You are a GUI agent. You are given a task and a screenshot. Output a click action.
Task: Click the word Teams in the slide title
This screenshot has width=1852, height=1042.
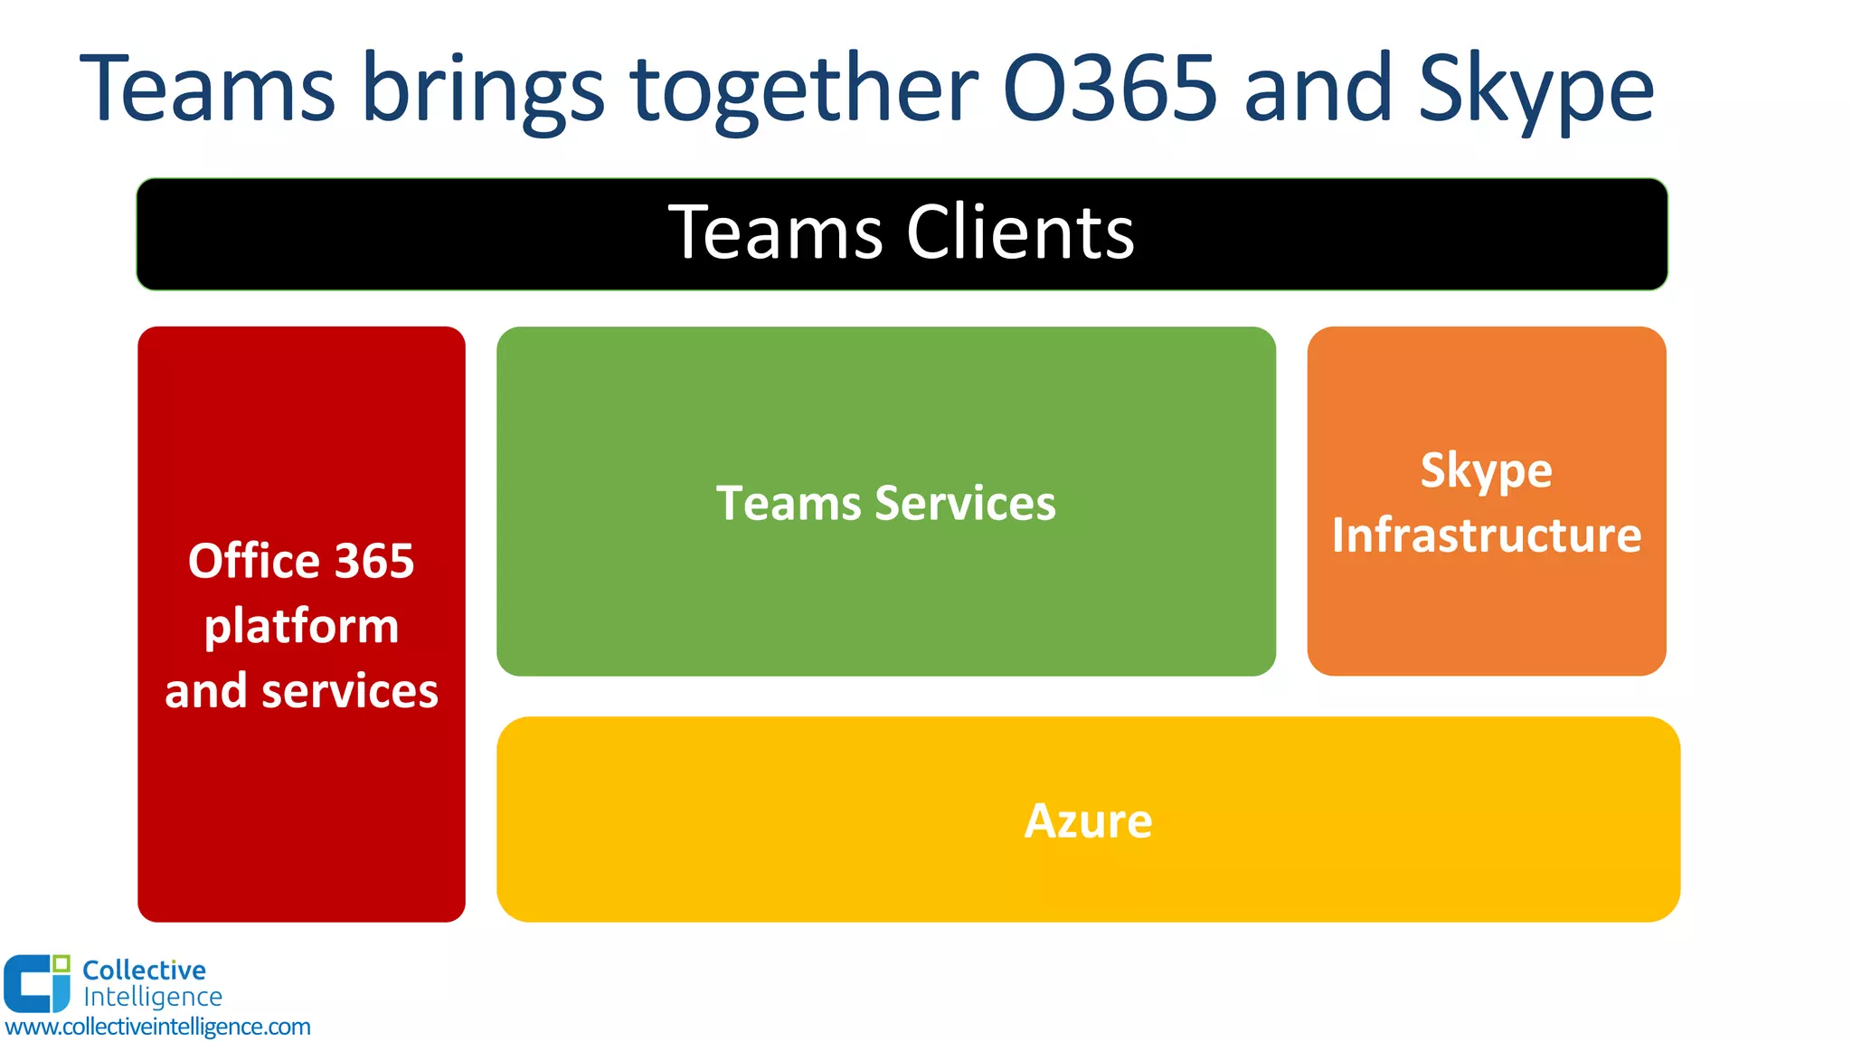(x=208, y=89)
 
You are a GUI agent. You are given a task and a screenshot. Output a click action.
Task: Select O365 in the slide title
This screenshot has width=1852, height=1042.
(x=1110, y=89)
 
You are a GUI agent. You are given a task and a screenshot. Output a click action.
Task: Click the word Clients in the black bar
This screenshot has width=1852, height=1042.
(x=1019, y=232)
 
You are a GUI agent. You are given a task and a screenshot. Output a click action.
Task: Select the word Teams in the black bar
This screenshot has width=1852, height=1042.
(x=775, y=232)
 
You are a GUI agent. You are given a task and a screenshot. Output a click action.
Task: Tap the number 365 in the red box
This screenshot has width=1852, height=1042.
(x=374, y=561)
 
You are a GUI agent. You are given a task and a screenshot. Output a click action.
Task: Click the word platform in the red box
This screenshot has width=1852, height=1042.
(x=301, y=626)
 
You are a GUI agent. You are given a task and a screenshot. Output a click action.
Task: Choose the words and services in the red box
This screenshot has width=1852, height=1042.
(x=301, y=691)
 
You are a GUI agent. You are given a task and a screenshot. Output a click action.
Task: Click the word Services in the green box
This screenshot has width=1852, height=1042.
(x=965, y=503)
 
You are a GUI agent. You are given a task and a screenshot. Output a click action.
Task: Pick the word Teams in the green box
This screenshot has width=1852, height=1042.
(x=789, y=503)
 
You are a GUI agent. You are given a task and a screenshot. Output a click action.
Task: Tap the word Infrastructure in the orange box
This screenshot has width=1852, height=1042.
(x=1486, y=535)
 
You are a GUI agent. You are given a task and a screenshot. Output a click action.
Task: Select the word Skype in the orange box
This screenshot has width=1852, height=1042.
(x=1486, y=471)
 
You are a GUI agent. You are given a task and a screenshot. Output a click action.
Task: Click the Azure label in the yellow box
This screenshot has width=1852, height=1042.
(x=1088, y=821)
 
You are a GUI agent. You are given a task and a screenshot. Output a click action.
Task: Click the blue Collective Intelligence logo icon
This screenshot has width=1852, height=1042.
(x=36, y=983)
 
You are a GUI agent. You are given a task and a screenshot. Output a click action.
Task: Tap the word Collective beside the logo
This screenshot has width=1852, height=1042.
(x=144, y=971)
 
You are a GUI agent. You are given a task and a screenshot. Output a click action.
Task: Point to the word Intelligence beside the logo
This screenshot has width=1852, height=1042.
(x=152, y=997)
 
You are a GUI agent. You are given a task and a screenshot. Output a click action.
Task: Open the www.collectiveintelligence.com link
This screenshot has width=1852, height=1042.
(x=157, y=1027)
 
